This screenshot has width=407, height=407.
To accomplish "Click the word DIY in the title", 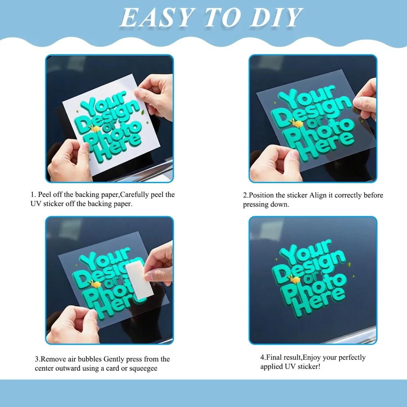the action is coord(277,18).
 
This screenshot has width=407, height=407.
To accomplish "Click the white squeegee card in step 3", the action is coord(139,280).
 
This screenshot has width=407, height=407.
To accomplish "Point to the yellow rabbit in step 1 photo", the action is coord(95,129).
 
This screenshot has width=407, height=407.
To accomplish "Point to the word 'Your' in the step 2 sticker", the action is coord(306,97).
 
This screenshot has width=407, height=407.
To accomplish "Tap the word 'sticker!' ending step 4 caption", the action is coord(309,367).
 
